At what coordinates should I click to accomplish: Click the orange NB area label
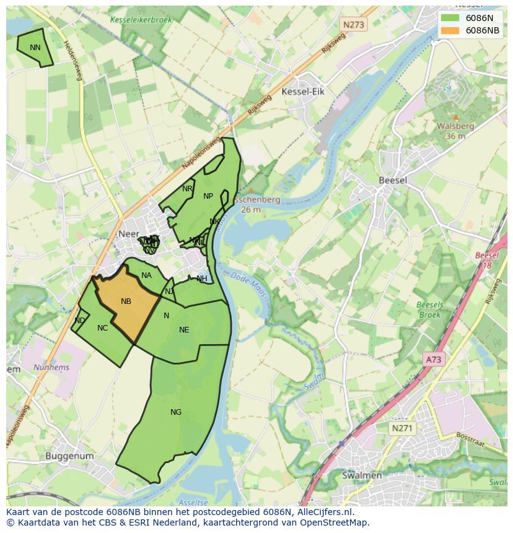tap(126, 301)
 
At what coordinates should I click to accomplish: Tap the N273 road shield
tap(353, 25)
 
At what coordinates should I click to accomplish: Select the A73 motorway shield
tap(434, 359)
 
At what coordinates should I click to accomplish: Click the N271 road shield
tap(403, 428)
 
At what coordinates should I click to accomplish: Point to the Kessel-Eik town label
tap(302, 92)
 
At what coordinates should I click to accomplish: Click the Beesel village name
tap(393, 180)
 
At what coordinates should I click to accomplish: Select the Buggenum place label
tap(69, 456)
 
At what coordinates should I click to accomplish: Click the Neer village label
tap(128, 234)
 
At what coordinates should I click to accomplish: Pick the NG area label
tap(176, 412)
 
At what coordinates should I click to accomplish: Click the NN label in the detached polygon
tap(35, 47)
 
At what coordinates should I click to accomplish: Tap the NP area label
tap(208, 196)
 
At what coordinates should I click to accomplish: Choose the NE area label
tap(184, 330)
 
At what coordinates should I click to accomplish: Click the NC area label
tap(103, 328)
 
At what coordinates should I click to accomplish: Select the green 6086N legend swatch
tap(450, 18)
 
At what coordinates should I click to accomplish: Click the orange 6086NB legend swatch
tap(450, 30)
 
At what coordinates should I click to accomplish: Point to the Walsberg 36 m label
tap(455, 131)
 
